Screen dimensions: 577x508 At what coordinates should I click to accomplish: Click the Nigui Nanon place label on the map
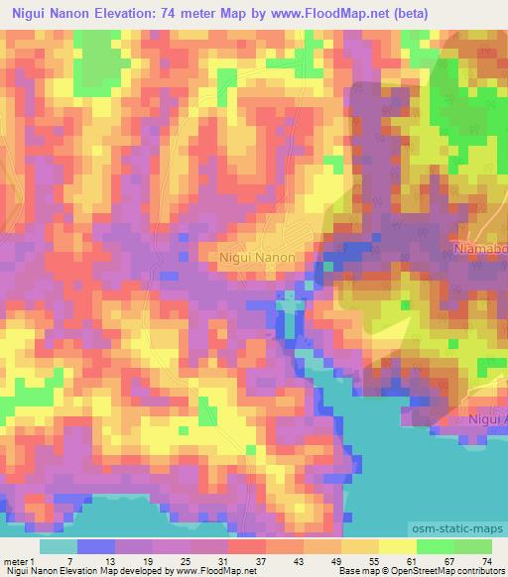coord(256,255)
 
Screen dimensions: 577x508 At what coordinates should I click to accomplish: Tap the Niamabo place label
coord(479,247)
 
